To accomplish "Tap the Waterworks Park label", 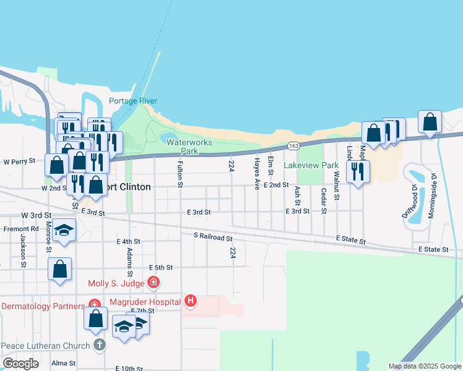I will pyautogui.click(x=189, y=146).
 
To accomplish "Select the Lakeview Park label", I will pyautogui.click(x=311, y=165).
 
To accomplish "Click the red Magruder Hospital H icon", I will pyautogui.click(x=191, y=301).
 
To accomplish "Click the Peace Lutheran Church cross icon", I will pyautogui.click(x=100, y=345).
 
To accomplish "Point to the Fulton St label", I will pyautogui.click(x=180, y=174).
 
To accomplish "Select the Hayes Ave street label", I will pyautogui.click(x=256, y=173).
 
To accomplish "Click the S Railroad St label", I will pyautogui.click(x=212, y=237).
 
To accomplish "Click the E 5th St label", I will pyautogui.click(x=160, y=268).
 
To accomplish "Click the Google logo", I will pyautogui.click(x=20, y=363).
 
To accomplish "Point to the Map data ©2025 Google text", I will pyautogui.click(x=424, y=366).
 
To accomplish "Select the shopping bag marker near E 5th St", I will pyautogui.click(x=59, y=268).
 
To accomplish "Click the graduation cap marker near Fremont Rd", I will pyautogui.click(x=63, y=230).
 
